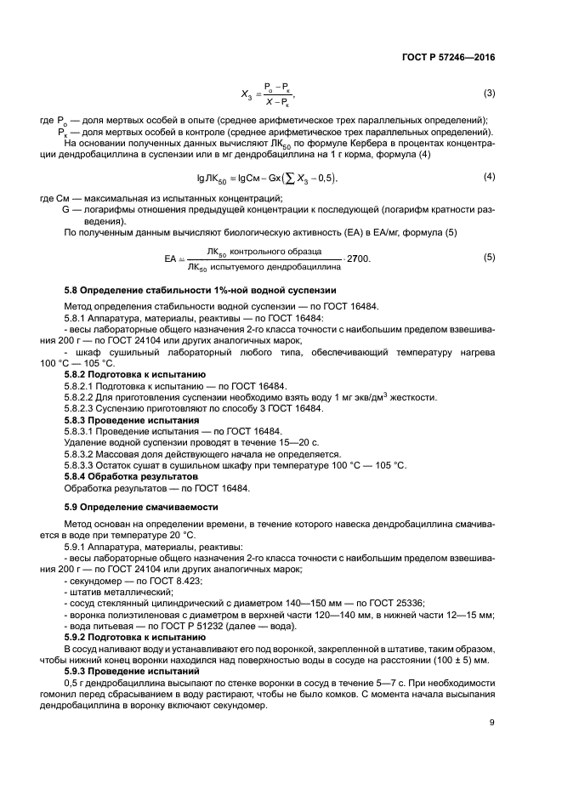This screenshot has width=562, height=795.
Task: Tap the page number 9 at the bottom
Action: pyautogui.click(x=492, y=724)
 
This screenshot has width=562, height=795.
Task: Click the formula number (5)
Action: pyautogui.click(x=489, y=257)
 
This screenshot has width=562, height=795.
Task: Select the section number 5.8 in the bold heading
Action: pyautogui.click(x=74, y=290)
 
